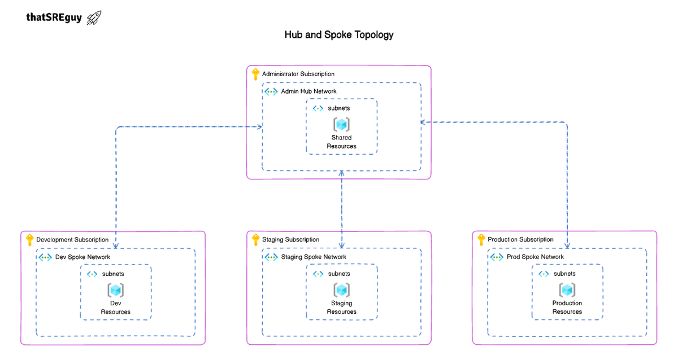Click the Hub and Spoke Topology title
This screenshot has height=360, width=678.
[x=339, y=34]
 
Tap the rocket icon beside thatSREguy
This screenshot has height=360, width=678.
[x=94, y=17]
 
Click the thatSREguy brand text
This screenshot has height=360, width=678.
[x=54, y=17]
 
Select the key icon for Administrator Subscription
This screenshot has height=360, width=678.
[x=255, y=74]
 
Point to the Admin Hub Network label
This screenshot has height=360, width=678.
[x=308, y=91]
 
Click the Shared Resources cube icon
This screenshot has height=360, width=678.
[x=341, y=124]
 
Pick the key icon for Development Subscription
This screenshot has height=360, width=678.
[x=30, y=240]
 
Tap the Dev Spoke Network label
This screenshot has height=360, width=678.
[x=82, y=257]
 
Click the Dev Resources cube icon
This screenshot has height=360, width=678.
[x=116, y=290]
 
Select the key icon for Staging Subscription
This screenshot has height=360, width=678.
[x=255, y=240]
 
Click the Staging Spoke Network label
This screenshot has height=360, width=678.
[x=314, y=257]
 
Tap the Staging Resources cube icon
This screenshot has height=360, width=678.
[x=341, y=290]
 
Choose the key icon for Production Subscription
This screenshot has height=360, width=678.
[x=481, y=240]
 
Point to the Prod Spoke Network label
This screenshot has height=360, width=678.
[x=535, y=257]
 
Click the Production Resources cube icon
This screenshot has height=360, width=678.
[x=567, y=290]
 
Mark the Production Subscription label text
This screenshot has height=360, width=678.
[x=520, y=240]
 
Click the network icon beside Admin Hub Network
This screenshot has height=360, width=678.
[x=271, y=91]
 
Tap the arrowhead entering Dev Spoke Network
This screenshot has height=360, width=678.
[x=116, y=246]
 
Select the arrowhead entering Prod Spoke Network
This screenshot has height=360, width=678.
[x=567, y=246]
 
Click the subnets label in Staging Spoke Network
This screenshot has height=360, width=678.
[x=339, y=274]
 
